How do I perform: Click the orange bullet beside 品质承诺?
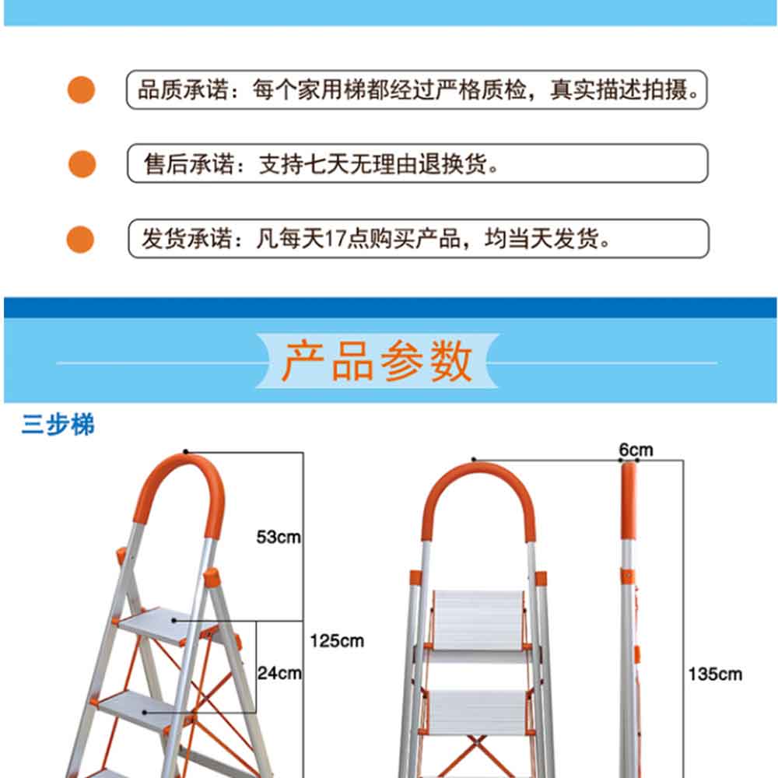coord(82,89)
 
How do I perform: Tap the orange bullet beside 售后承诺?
coord(82,163)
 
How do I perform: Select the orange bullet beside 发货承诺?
coord(80,239)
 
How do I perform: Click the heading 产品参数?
coord(377,361)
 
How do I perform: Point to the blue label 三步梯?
coord(58,425)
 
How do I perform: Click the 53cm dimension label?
coord(279,537)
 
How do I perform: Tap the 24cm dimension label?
coord(279,673)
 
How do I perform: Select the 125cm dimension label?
coord(337,640)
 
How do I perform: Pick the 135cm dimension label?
coord(715,674)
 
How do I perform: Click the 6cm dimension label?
coord(636,450)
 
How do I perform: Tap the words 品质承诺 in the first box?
coord(183,89)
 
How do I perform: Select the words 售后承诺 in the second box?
coord(189,163)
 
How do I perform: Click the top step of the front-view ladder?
coord(478,621)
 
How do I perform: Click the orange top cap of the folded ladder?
coord(628,501)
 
